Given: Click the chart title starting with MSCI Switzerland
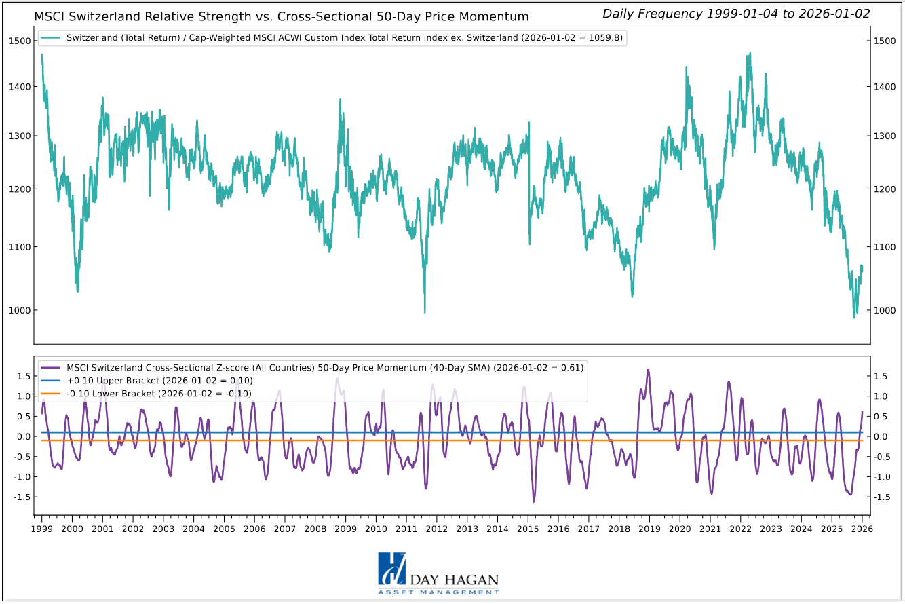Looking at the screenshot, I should (282, 16).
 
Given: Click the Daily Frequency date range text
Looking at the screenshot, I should (736, 14).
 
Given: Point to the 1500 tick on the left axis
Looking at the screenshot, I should (20, 41).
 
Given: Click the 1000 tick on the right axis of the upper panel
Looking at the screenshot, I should (885, 311).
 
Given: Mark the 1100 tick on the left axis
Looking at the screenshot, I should (20, 247).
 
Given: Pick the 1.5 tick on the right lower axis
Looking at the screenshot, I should (882, 376).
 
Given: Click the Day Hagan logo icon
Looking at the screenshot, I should (392, 569).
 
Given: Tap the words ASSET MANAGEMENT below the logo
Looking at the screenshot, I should (438, 592).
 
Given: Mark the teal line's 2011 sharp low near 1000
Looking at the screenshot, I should (425, 312).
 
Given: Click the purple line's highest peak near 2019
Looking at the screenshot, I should (648, 370).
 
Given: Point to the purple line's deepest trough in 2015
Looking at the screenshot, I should (534, 502).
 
